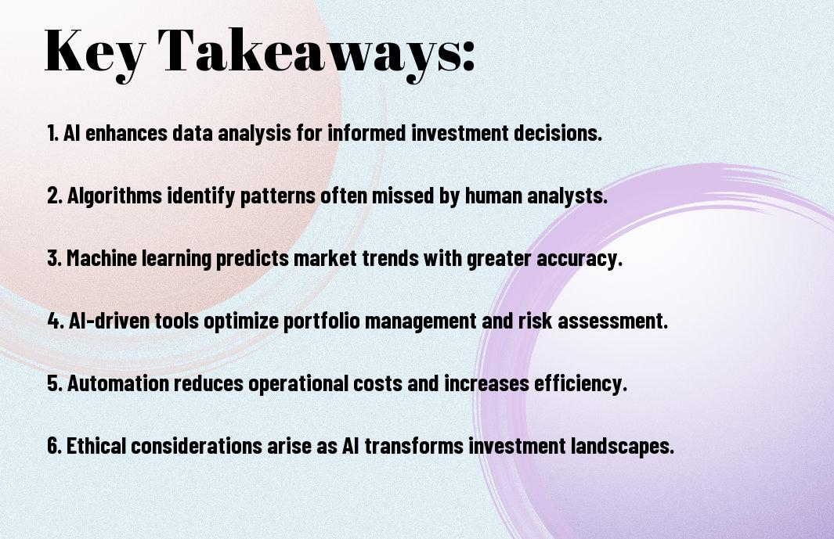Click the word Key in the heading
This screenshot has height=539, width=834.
tap(95, 52)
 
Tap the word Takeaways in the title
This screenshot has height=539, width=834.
tap(309, 52)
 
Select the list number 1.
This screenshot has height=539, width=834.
tap(52, 133)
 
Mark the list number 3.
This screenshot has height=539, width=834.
tap(54, 258)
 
